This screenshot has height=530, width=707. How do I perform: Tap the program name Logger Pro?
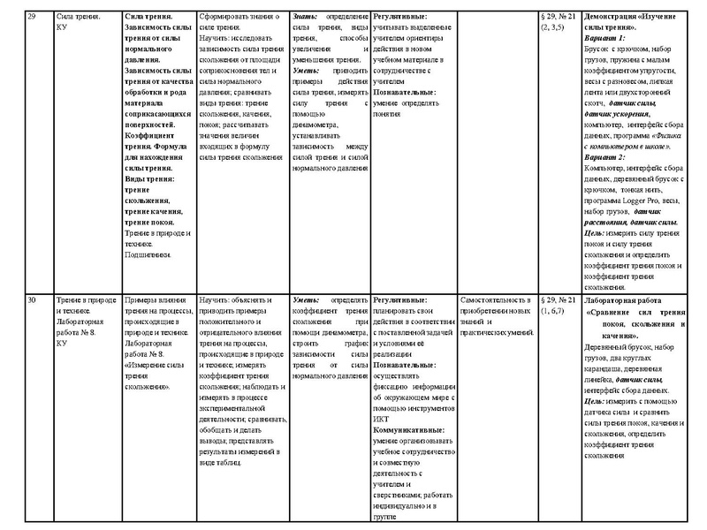point(638,201)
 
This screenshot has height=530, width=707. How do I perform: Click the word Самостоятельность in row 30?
point(490,301)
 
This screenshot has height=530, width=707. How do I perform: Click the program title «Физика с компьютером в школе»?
point(633,139)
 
